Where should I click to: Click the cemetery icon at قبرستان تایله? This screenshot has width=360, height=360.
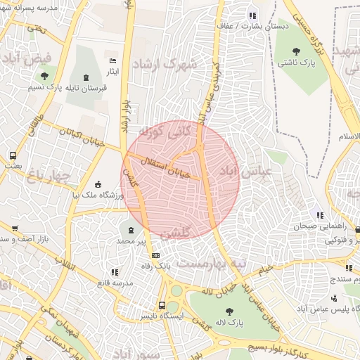(x=86, y=77)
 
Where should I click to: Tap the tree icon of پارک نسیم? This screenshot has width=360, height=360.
(x=45, y=76)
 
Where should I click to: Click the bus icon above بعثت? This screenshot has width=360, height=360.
(x=13, y=155)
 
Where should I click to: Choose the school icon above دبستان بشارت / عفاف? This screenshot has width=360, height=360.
(x=252, y=15)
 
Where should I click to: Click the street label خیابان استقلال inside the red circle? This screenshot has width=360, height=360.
(x=164, y=165)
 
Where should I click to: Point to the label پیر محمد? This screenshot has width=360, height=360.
(x=131, y=240)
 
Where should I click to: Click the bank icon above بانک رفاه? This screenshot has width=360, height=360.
(x=155, y=256)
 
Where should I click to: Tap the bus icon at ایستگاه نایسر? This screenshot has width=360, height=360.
(x=162, y=306)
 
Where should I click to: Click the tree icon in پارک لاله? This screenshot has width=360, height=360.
(x=229, y=311)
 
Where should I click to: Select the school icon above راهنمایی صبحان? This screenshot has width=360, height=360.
(x=320, y=215)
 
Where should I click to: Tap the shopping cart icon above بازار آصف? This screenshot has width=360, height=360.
(x=14, y=229)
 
